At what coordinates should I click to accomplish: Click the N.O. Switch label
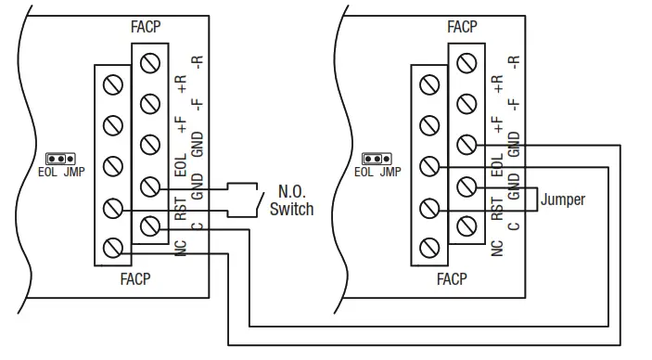point(291,199)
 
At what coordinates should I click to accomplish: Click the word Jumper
point(562,199)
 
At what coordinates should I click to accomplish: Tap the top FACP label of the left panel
point(146,27)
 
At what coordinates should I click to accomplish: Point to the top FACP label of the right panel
point(462,27)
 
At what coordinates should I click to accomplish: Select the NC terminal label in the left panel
point(181,248)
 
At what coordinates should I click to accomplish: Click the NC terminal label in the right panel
point(497,248)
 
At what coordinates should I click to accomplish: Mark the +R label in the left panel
point(181,86)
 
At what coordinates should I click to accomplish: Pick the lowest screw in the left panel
point(111,247)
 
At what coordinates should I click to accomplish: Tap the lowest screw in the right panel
point(428,247)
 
